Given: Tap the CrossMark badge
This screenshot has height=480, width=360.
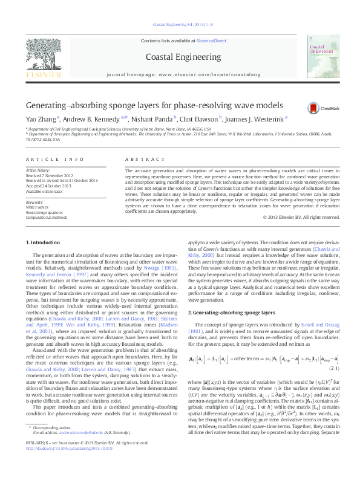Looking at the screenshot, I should click(x=317, y=108).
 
